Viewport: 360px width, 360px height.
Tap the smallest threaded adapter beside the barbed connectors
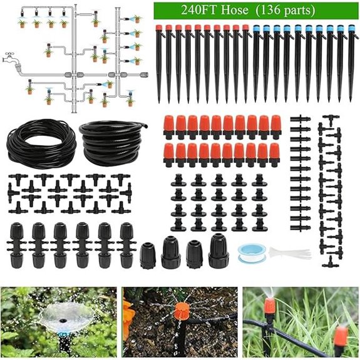tap(148, 254)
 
